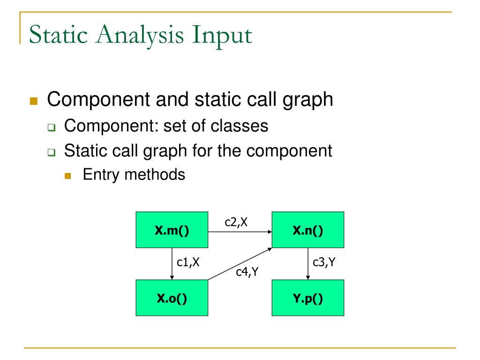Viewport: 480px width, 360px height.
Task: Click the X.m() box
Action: [172, 230]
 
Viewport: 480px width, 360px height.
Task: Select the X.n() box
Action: [308, 230]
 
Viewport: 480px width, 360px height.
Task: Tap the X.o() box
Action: [172, 298]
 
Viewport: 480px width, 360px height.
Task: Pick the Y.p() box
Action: [308, 298]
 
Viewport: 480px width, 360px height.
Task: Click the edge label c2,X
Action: [236, 223]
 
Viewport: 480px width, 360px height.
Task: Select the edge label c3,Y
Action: [324, 263]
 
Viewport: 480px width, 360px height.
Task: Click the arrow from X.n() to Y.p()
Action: [307, 263]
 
